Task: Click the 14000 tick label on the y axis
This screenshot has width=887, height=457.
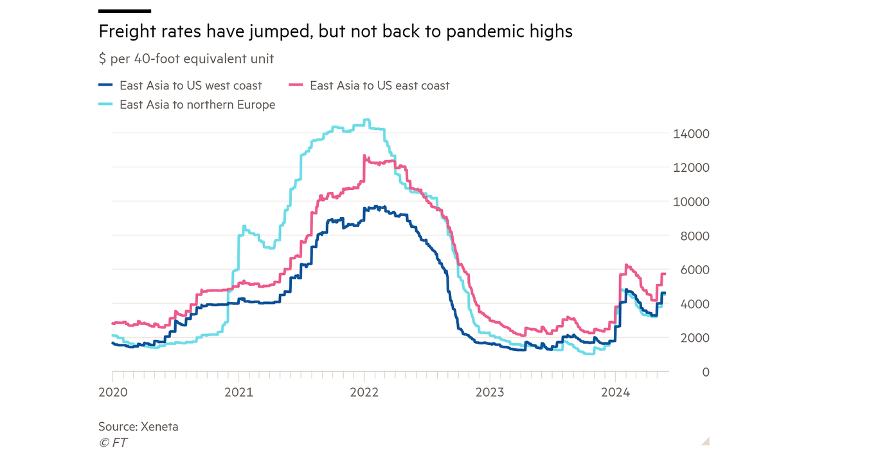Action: pos(690,134)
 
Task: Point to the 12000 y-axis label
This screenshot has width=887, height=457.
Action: pos(690,168)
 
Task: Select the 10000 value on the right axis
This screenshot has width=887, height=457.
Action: pos(690,202)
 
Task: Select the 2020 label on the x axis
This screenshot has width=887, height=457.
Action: pos(112,391)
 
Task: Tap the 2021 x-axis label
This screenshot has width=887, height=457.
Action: pos(238,391)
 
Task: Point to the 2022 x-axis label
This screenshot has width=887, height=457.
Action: pos(364,391)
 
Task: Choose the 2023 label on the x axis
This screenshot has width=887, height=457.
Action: pos(490,391)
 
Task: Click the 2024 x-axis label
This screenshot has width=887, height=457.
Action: pos(616,391)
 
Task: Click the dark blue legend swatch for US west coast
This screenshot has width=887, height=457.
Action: pos(106,85)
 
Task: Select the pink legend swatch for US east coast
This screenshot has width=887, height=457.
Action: pos(296,85)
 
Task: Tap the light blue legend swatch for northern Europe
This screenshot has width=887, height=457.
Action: pos(106,104)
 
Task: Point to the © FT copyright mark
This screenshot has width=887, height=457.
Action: pos(112,442)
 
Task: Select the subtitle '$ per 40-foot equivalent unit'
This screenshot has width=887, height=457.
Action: pos(186,59)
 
